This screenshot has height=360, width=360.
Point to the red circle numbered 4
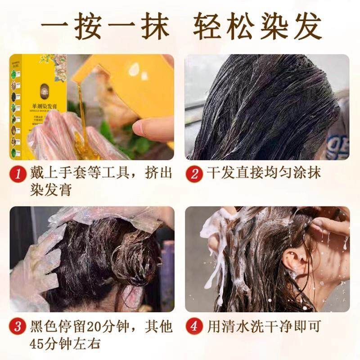tap(194, 325)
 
